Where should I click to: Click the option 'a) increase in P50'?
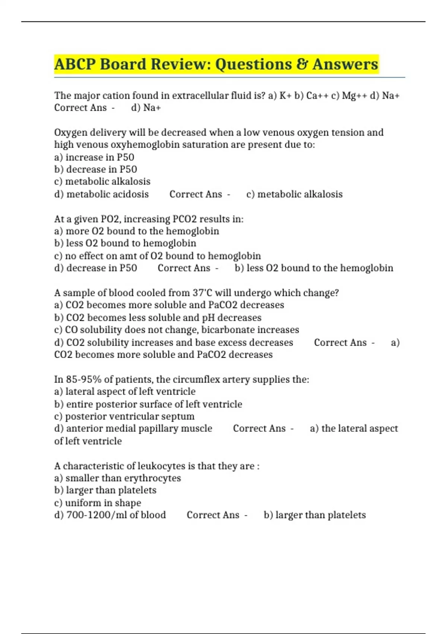[94, 157]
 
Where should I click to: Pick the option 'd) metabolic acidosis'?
[101, 194]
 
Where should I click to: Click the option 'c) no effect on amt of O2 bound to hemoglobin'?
[158, 256]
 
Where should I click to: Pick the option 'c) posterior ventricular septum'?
[124, 417]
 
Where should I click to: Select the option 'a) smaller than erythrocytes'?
[118, 478]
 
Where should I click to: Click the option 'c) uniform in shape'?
[98, 503]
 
